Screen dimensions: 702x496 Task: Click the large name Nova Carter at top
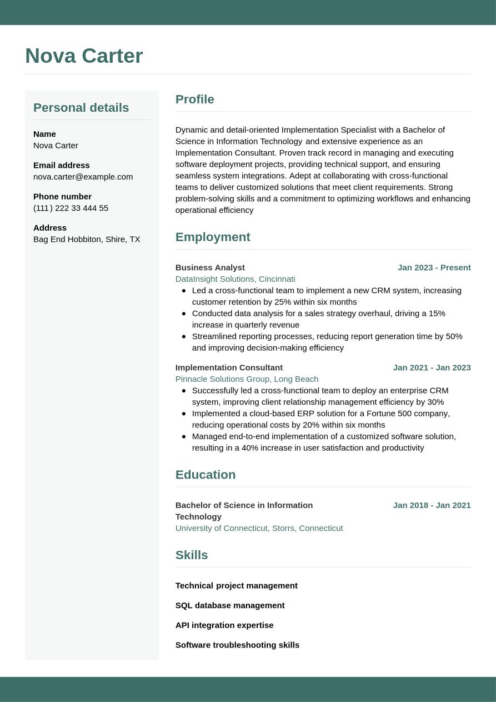(84, 56)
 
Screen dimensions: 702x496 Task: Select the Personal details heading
(81, 108)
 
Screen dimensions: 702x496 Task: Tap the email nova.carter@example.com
(83, 177)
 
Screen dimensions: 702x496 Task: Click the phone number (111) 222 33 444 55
(71, 208)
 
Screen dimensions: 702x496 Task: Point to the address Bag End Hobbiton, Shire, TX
(87, 239)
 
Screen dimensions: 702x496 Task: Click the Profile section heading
(194, 99)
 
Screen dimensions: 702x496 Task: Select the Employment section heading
(213, 237)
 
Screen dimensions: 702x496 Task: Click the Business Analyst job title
(210, 267)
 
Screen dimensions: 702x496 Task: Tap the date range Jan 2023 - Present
(434, 267)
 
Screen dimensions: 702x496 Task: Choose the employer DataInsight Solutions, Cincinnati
(235, 279)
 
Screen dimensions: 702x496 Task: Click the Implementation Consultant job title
(229, 367)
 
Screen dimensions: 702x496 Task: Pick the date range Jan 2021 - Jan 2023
(432, 367)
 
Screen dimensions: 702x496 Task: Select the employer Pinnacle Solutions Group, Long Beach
(247, 379)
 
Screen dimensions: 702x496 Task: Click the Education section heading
(206, 475)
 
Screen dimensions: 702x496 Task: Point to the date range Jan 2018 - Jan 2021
(432, 505)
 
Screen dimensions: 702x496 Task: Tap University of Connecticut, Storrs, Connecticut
(259, 528)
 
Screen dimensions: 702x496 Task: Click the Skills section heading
(192, 555)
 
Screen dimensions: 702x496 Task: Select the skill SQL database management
(230, 605)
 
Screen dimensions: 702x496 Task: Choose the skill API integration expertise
(224, 625)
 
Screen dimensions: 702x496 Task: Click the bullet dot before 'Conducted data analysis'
(184, 313)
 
